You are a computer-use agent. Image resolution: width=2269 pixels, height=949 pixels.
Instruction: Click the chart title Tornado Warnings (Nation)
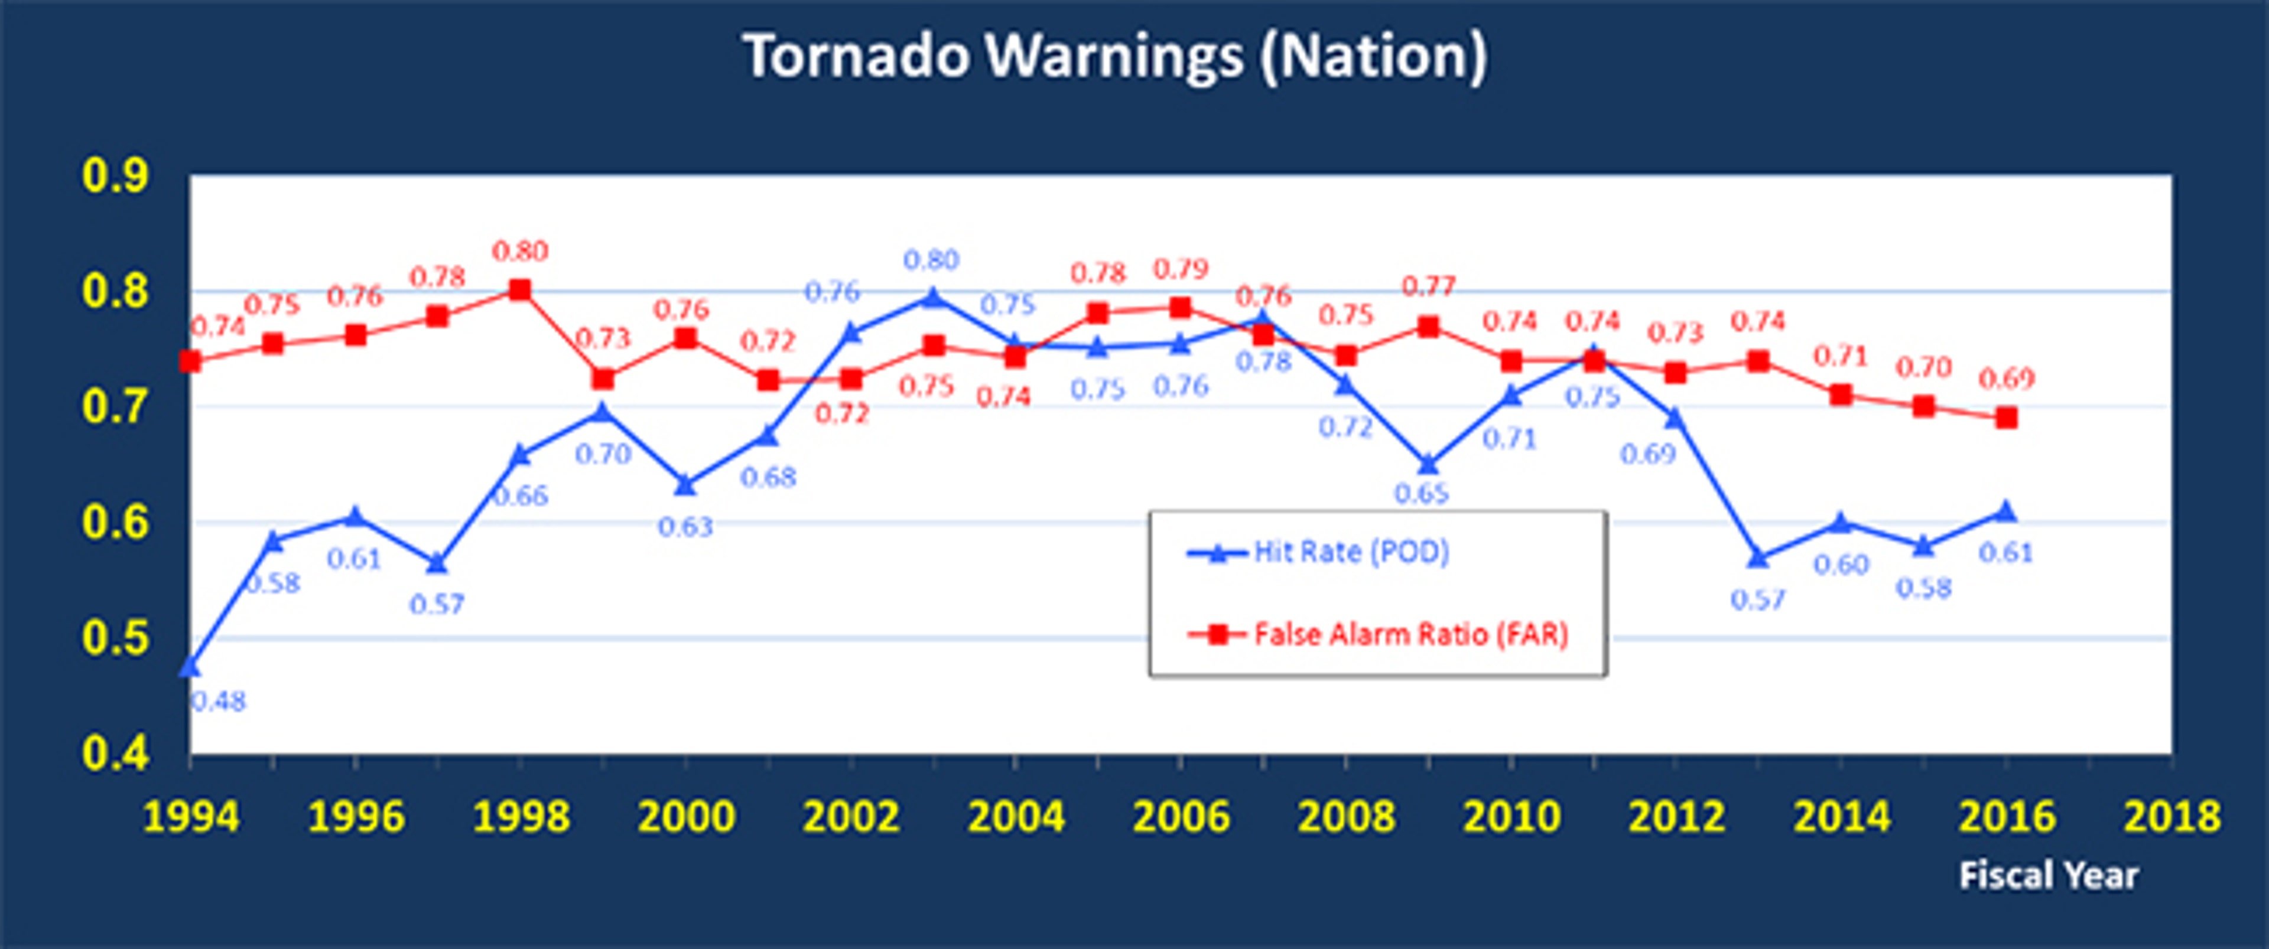[1115, 56]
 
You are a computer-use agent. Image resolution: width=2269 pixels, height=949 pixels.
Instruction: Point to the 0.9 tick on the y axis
[115, 176]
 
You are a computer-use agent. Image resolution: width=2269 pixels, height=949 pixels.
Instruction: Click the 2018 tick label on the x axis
[2172, 817]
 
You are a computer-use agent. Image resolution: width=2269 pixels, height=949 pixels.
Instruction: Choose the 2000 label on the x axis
[685, 817]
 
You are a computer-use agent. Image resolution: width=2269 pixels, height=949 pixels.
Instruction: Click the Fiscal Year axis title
[2049, 875]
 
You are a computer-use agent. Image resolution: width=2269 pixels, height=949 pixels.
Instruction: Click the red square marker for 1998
[521, 289]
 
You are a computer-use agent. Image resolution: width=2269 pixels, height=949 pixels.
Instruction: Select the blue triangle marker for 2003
[934, 298]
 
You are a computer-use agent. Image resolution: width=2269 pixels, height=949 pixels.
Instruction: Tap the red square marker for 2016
[2007, 418]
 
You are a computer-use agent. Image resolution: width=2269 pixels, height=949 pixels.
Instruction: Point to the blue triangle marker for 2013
[1758, 558]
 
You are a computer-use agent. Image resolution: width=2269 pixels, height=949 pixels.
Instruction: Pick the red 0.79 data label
[1181, 269]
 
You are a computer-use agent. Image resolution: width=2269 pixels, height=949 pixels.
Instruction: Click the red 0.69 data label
[2007, 379]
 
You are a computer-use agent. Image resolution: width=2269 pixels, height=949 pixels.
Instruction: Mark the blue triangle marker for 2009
[1429, 464]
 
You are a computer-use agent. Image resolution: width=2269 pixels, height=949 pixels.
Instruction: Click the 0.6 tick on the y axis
[115, 523]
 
